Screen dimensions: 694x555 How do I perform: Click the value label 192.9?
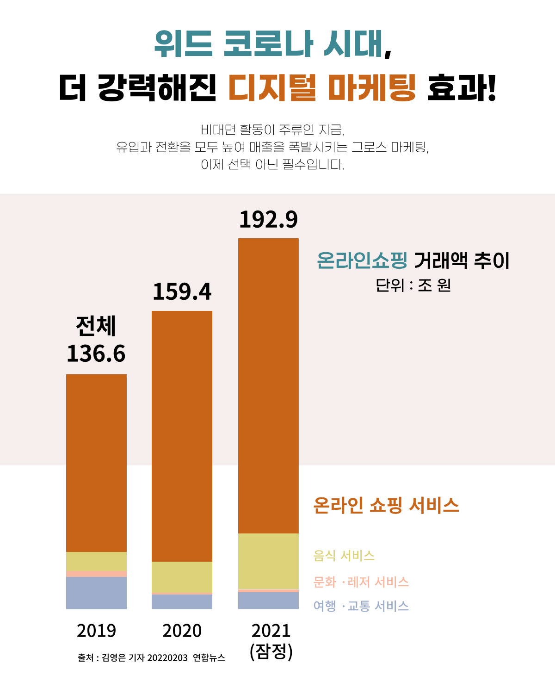[268, 219]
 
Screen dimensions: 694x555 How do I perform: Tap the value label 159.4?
[182, 291]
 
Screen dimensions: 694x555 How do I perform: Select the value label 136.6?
[96, 354]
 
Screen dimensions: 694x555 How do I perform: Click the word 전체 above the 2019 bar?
[96, 326]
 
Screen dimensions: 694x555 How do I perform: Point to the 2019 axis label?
[96, 631]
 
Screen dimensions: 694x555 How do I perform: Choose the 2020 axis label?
[182, 631]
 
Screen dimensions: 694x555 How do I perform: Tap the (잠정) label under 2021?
[271, 651]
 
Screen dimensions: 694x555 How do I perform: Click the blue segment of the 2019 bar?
[96, 593]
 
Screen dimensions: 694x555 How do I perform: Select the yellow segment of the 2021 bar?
[268, 561]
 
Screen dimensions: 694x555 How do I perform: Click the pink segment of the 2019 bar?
[96, 574]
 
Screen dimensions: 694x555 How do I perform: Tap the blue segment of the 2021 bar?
[268, 601]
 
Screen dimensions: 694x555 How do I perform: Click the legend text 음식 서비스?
[344, 555]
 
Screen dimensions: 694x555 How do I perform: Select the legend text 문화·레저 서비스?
[361, 582]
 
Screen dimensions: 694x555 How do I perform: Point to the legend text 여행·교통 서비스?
[361, 606]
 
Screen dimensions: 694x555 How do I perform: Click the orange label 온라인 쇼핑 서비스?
[386, 505]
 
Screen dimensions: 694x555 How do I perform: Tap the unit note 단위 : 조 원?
[413, 285]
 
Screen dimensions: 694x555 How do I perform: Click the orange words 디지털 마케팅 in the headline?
[322, 87]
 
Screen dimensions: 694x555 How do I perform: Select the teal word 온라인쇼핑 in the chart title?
[362, 260]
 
